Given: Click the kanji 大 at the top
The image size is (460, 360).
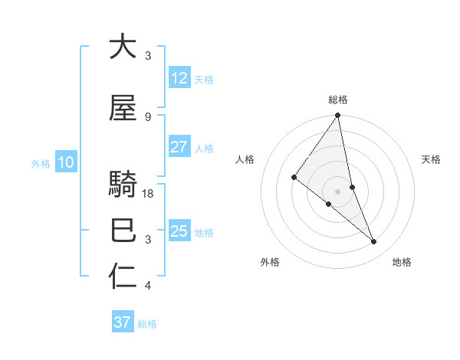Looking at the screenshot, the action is point(123,47).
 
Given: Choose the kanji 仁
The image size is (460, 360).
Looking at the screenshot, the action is point(123,277).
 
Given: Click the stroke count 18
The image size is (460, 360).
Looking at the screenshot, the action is point(149,194).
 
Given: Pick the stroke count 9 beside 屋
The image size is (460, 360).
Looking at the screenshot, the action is point(148,116).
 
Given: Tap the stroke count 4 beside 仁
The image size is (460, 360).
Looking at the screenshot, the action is point(148,286).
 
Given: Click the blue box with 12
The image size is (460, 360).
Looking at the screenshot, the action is point(179,77).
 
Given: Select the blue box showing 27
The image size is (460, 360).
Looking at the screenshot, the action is point(179,147).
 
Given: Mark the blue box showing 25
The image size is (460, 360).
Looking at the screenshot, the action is point(179,231).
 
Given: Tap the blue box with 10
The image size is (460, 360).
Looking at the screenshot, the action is point(65,162).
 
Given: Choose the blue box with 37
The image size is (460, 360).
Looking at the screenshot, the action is point(122,322).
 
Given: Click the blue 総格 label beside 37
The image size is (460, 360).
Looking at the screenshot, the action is point(148,324).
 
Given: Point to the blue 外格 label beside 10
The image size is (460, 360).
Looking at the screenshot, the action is point(41,163).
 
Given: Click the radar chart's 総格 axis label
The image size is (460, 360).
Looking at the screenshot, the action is point(338,100).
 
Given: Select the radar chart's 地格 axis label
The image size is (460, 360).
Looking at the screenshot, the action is point(402,262).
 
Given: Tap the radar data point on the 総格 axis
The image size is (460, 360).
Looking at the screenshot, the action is point(338,116).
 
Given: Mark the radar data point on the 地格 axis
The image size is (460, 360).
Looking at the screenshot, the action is point(374,242).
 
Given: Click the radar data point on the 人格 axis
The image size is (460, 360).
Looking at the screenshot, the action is point(294,178).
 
